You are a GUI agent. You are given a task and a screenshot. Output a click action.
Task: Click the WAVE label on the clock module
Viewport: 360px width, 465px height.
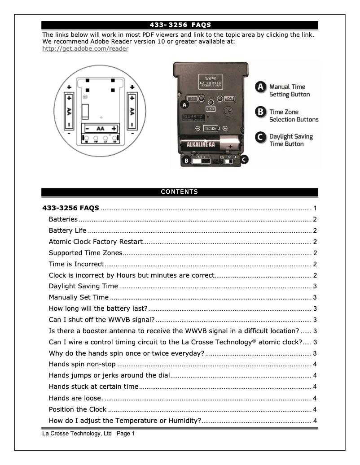229,99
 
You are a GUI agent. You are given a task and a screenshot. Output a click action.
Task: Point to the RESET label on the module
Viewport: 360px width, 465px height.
211,109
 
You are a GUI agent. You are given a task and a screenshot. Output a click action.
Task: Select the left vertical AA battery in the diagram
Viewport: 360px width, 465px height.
70,110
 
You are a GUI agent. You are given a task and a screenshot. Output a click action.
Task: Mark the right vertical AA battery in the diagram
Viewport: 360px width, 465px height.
132,110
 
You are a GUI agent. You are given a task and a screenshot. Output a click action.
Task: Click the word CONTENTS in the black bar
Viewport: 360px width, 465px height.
180,192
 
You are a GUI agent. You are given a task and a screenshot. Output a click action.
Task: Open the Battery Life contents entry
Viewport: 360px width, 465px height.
68,230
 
